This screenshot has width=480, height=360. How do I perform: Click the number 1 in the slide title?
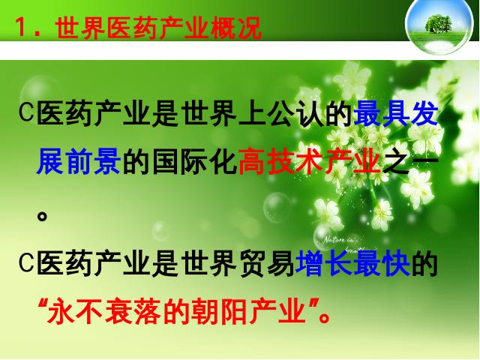click(21, 27)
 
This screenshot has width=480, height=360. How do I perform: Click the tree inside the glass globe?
click(438, 23)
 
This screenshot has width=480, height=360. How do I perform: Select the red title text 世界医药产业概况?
click(159, 28)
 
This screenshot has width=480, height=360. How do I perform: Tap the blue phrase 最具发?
click(395, 113)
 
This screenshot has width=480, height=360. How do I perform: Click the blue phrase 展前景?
click(78, 161)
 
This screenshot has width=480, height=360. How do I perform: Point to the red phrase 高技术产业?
click(309, 161)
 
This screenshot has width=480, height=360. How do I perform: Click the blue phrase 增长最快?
click(352, 263)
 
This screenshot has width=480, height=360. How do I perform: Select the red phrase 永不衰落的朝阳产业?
click(177, 312)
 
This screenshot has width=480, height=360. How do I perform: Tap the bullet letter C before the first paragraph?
click(26, 112)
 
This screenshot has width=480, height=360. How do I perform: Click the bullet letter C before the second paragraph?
click(26, 262)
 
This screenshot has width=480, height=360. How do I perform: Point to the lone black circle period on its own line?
click(42, 216)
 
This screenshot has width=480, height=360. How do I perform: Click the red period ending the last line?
click(324, 317)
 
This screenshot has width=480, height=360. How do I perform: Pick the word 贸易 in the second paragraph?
click(267, 263)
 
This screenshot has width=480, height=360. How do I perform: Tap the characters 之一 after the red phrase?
click(410, 161)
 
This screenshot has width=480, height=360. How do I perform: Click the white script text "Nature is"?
click(339, 240)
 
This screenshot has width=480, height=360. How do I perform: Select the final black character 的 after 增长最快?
click(424, 263)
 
